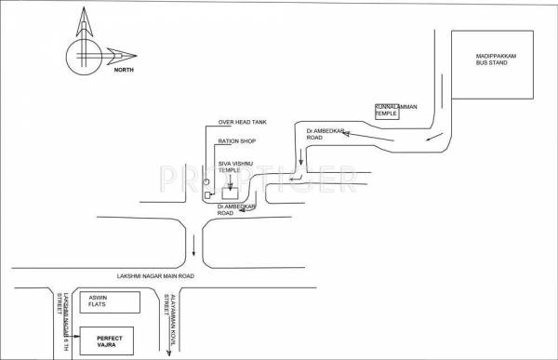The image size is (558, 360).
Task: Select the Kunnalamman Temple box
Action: click(x=396, y=111)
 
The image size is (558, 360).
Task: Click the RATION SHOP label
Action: click(x=235, y=141)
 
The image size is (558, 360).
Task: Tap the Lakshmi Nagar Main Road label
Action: click(x=156, y=276)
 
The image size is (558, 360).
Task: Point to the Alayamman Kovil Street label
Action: click(x=171, y=318)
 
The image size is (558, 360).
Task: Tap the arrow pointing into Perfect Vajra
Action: click(x=73, y=332)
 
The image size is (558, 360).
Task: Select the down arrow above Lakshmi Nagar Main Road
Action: click(x=193, y=247)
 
